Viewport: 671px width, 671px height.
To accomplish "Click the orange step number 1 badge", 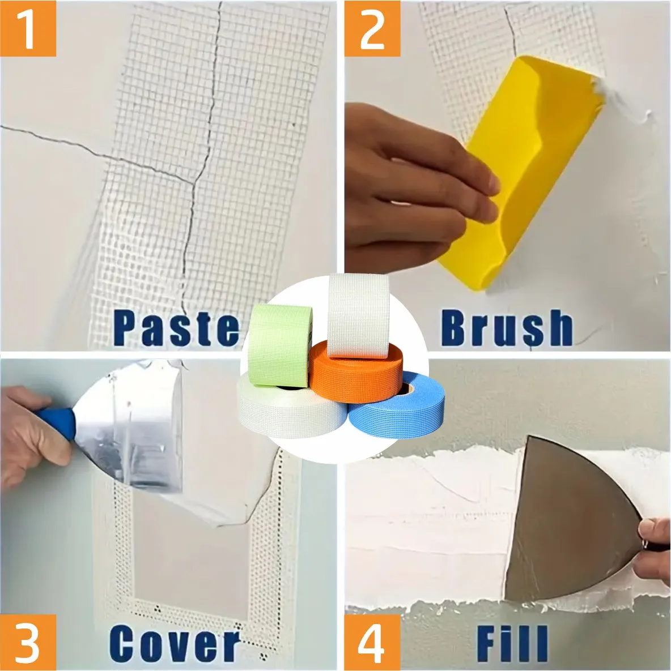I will coord(28,28).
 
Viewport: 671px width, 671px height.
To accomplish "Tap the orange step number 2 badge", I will coord(372,28).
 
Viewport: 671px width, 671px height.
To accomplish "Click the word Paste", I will coord(176,327).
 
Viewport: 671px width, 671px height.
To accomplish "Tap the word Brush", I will coord(506,327).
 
